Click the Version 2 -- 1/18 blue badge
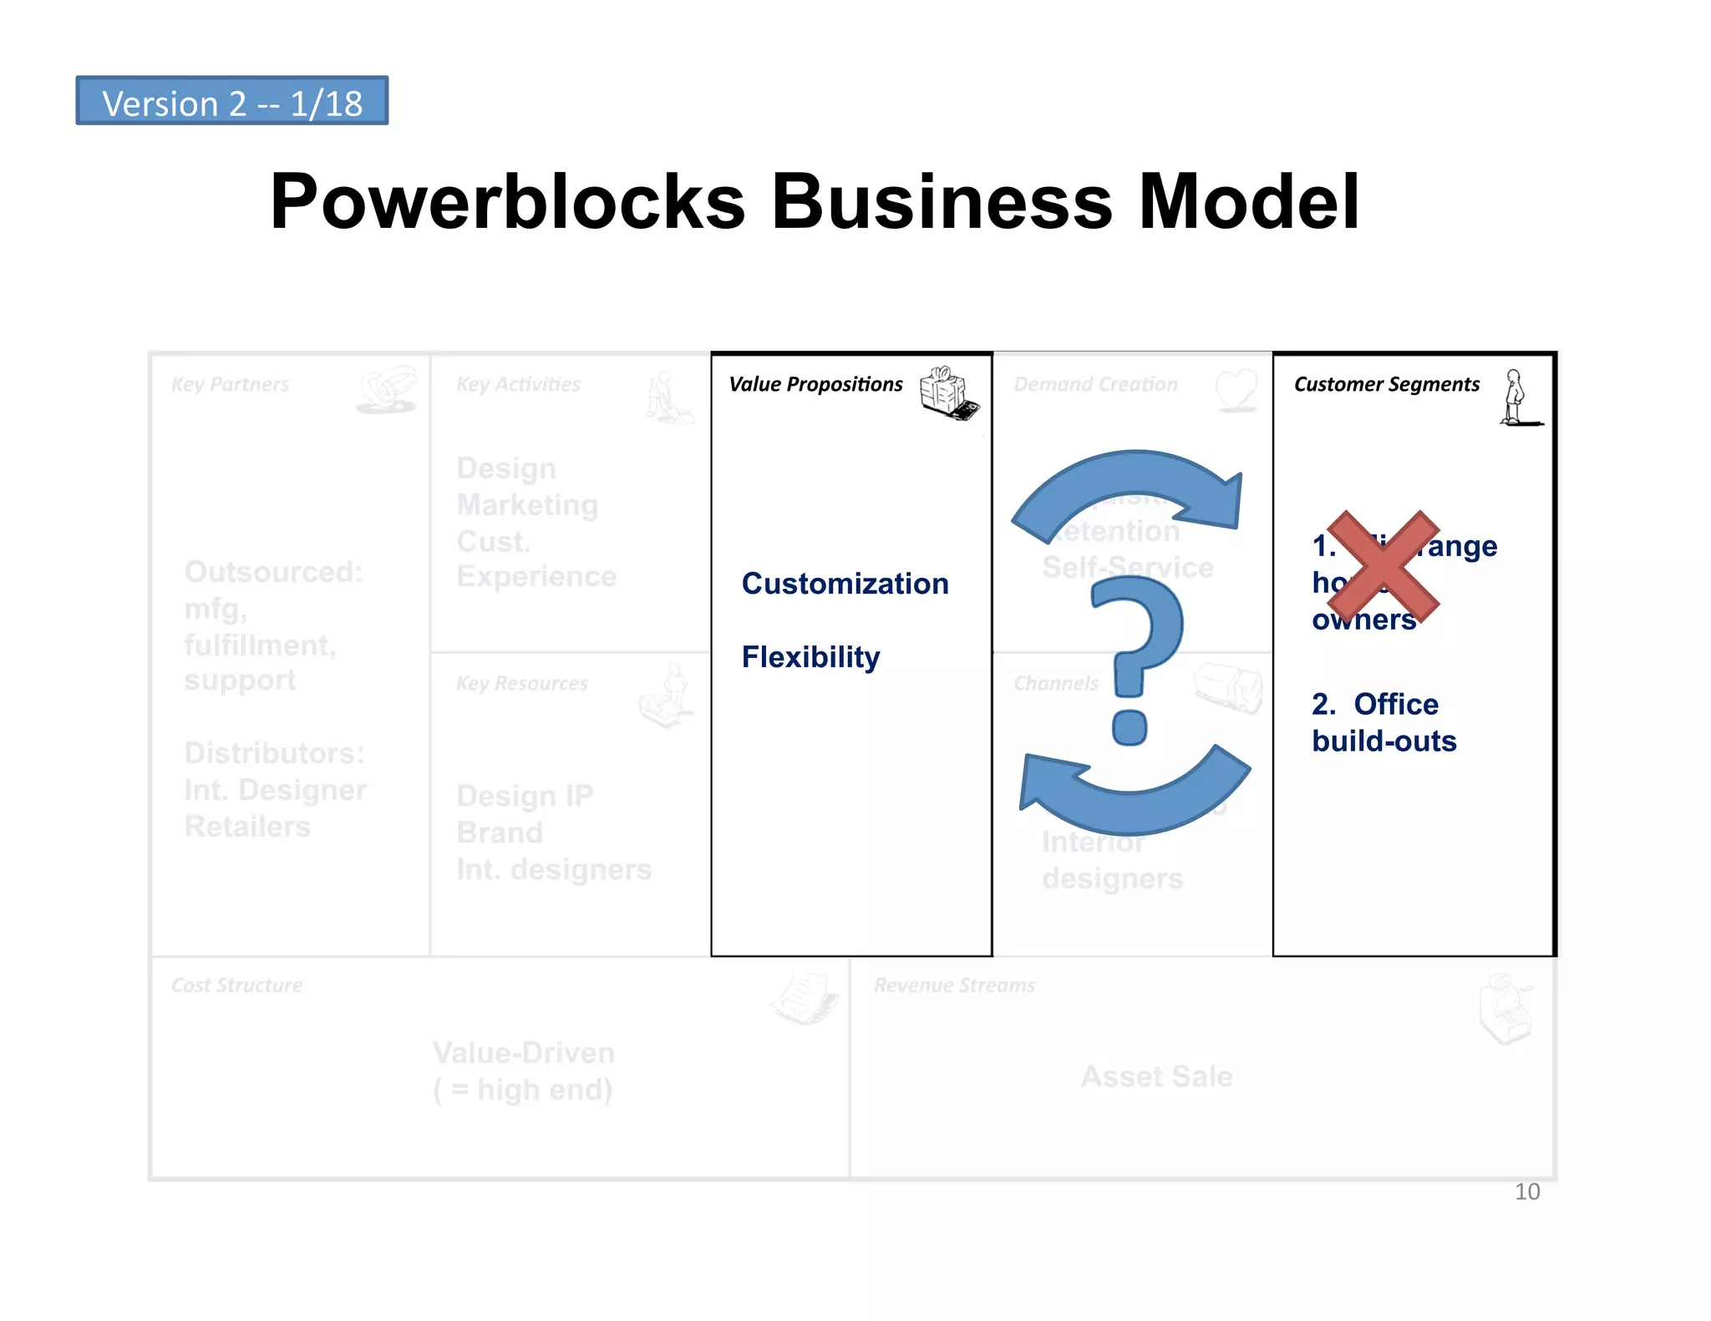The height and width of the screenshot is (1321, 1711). [231, 102]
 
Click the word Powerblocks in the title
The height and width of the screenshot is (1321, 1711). [507, 202]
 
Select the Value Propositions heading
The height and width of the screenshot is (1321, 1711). [815, 384]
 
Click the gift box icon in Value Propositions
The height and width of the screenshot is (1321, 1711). [948, 392]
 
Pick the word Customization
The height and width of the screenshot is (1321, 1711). [845, 584]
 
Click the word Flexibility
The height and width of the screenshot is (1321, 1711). [810, 657]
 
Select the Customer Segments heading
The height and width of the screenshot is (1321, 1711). [1386, 384]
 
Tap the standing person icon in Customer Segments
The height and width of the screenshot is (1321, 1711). [1516, 397]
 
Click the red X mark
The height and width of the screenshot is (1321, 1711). [1384, 565]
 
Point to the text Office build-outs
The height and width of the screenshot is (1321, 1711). [1384, 722]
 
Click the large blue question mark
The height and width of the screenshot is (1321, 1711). [1136, 660]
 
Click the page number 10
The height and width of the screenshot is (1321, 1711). [1526, 1192]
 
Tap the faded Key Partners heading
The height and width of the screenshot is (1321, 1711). [230, 384]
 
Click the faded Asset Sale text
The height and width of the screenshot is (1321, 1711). [1156, 1076]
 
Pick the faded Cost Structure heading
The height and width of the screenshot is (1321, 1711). [236, 985]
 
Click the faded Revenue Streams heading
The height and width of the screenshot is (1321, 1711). [954, 985]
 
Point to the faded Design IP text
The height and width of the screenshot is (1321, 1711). [524, 796]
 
